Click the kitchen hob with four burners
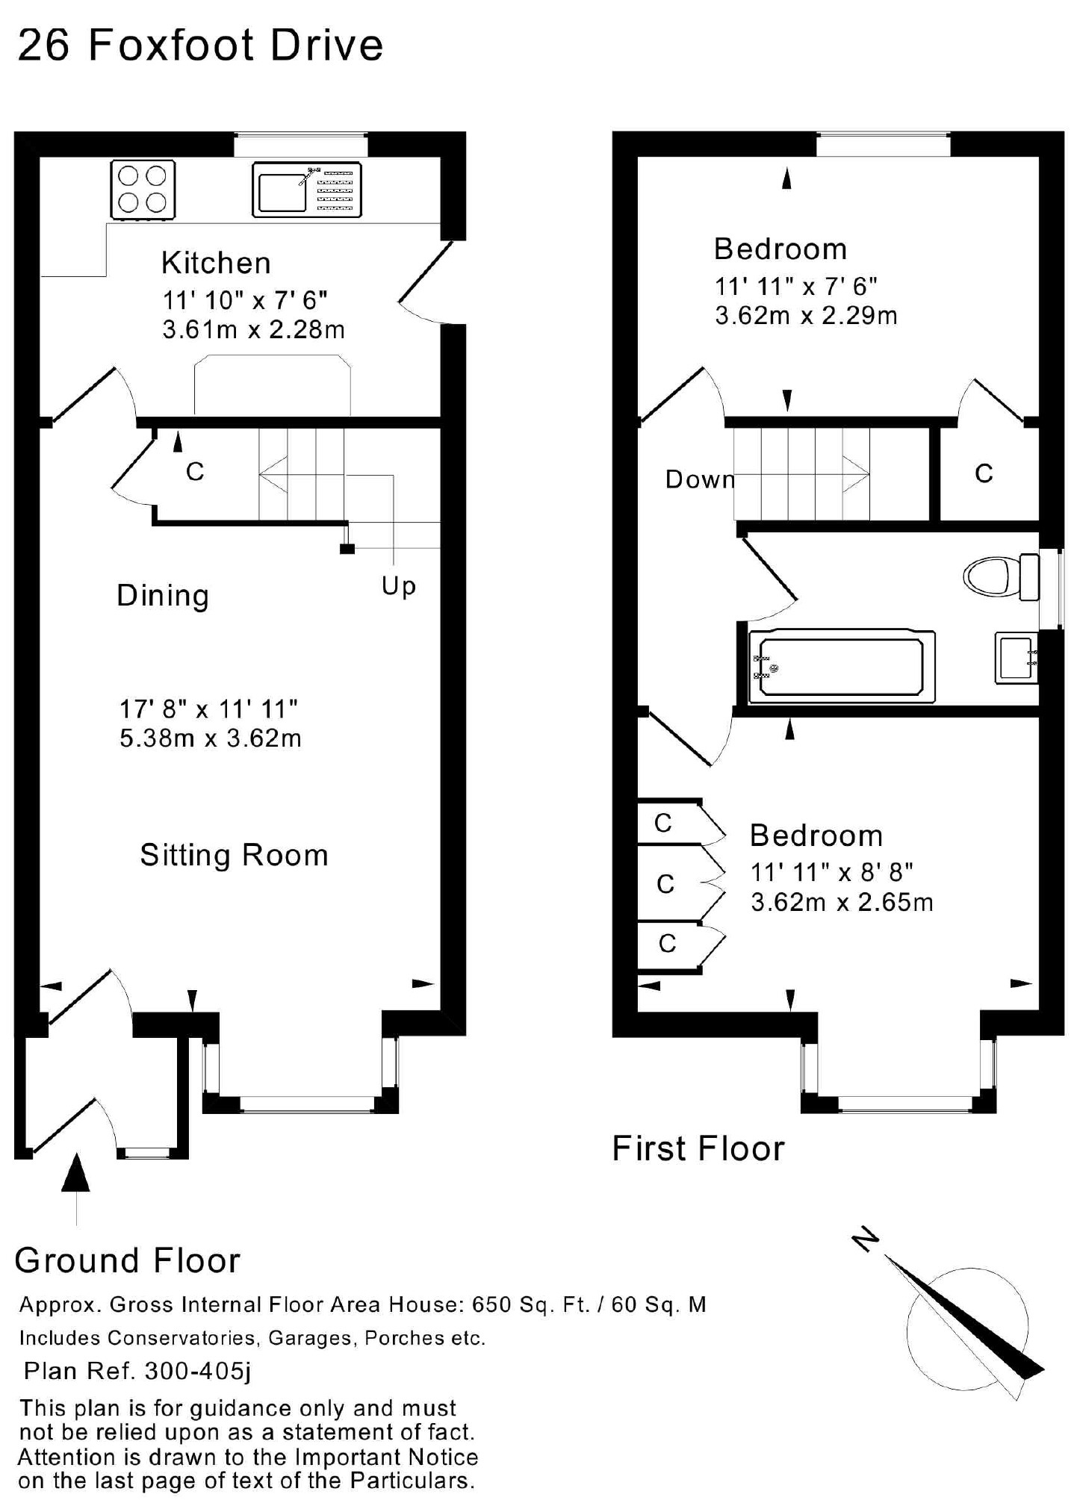(143, 190)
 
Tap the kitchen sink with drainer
(307, 190)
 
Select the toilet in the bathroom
(1002, 576)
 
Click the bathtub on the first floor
(842, 666)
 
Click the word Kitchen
(216, 264)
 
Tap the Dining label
(163, 597)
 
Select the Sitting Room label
(235, 856)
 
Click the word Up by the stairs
(398, 586)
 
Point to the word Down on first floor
(700, 479)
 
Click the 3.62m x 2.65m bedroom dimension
(842, 903)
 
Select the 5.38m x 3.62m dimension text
(211, 738)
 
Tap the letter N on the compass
(866, 1239)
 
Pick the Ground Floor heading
(128, 1261)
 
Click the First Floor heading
(698, 1148)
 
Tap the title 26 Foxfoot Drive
(200, 45)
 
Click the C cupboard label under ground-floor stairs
(195, 472)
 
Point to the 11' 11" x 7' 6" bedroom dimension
(795, 286)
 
